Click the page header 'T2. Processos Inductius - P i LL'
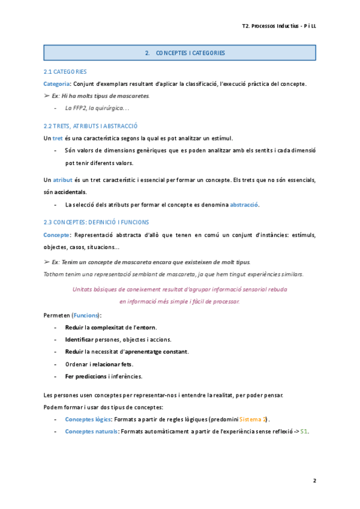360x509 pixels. coord(278,26)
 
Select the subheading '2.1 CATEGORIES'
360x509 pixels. coord(65,71)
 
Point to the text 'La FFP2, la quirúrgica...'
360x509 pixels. coord(97,108)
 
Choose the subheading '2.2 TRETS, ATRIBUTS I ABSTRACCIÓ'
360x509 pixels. coord(91,126)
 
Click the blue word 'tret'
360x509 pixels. coord(58,138)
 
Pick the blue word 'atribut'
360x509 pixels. coord(62,180)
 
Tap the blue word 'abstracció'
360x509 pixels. coord(244,205)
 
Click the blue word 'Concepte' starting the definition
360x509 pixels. coord(56,235)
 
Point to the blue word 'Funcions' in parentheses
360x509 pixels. coord(86,315)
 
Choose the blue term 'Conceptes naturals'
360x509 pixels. coord(91,432)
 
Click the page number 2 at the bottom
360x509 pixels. coord(314,481)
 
